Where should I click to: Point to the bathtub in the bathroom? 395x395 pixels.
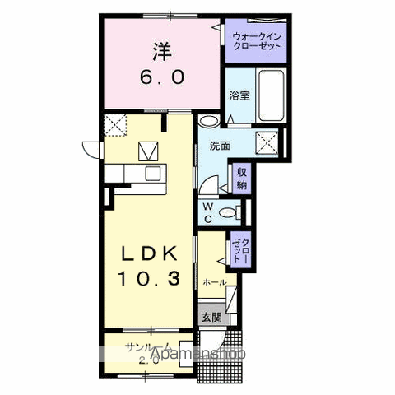[270, 97]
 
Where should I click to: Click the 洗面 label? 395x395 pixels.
[219, 146]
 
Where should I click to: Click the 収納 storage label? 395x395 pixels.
[241, 179]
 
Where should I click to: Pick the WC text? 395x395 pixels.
[209, 213]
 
